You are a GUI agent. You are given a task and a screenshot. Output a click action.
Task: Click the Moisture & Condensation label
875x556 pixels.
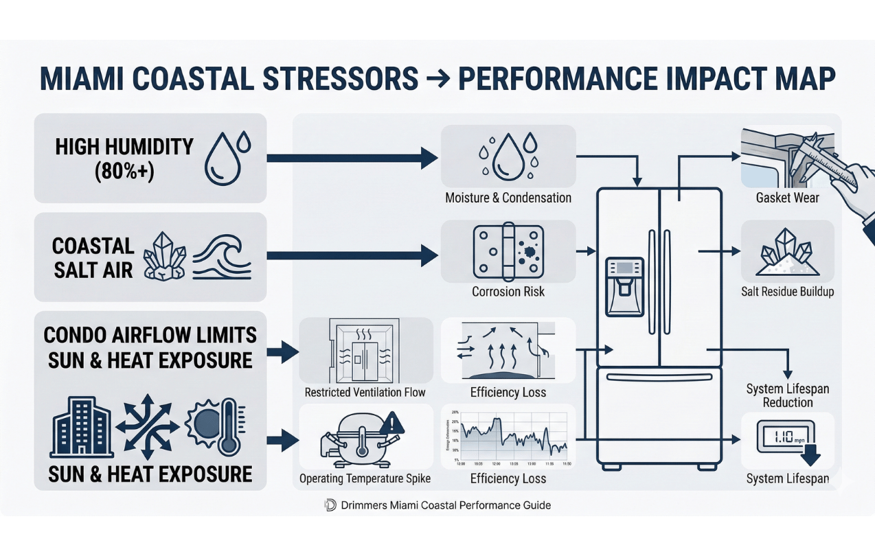pos(508,198)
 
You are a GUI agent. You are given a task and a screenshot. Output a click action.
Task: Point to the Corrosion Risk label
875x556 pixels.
pos(508,291)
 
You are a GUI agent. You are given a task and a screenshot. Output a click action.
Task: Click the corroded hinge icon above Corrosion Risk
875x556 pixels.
pos(508,251)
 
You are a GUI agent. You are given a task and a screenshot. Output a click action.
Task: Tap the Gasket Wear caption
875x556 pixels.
pos(787,198)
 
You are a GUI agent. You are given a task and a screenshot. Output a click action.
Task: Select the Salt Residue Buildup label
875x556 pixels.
pos(787,291)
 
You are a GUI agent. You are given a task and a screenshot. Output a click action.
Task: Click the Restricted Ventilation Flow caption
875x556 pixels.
pos(365,393)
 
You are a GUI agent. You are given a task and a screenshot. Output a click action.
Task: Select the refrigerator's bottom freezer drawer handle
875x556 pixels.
pos(659,378)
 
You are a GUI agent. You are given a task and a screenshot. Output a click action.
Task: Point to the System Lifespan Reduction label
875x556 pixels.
pos(787,395)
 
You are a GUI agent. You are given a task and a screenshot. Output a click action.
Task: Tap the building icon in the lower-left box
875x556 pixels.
pos(82,426)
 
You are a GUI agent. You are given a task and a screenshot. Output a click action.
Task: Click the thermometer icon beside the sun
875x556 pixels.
pos(228,426)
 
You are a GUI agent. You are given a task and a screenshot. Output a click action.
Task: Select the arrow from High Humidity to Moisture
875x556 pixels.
pos(351,158)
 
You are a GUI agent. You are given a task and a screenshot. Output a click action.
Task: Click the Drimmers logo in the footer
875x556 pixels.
pos(330,505)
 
